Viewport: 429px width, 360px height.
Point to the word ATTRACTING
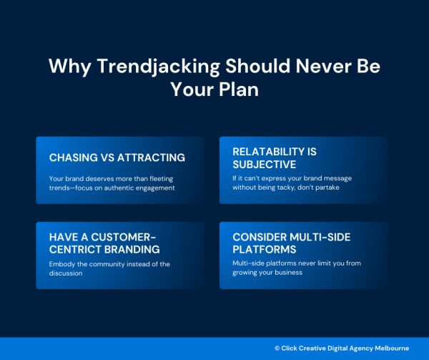coord(150,157)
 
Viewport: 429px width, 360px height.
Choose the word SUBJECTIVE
coord(264,164)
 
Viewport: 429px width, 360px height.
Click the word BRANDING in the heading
coord(132,249)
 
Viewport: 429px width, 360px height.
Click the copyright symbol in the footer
coord(277,348)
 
